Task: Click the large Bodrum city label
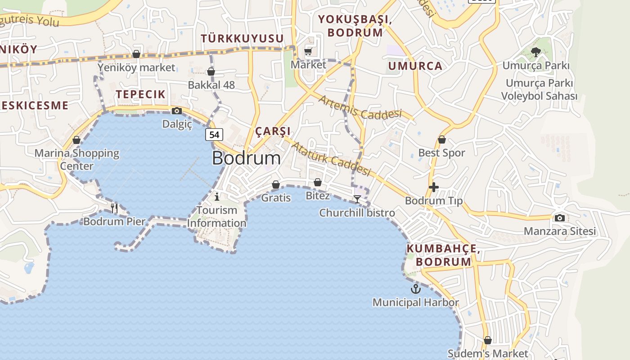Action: [x=246, y=158]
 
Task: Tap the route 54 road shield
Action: [x=214, y=134]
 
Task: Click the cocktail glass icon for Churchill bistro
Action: [x=357, y=199]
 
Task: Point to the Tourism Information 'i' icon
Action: [x=217, y=197]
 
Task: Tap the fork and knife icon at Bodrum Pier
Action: [x=114, y=208]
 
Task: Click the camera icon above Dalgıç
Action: [x=177, y=111]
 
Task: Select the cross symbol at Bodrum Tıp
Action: [x=434, y=187]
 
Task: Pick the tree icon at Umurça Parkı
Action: [x=535, y=52]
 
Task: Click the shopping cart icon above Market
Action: [x=308, y=51]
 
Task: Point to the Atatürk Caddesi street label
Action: [x=331, y=159]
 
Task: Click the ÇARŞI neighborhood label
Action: [x=273, y=131]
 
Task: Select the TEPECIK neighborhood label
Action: [x=141, y=94]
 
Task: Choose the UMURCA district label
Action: [x=415, y=66]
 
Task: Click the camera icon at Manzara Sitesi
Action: [x=559, y=218]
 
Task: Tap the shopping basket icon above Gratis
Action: [x=276, y=184]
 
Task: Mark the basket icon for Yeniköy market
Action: [x=136, y=54]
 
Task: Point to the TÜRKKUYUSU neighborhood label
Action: [x=242, y=39]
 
